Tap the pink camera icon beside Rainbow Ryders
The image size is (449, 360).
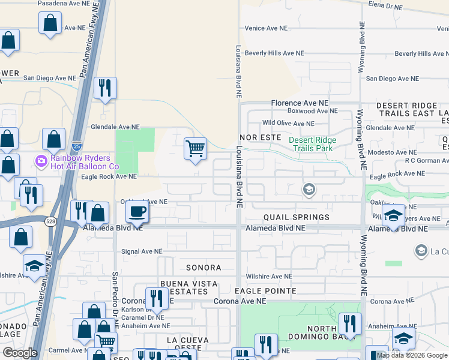(41, 161)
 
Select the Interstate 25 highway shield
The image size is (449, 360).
(74, 146)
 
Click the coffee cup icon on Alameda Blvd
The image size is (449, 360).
(137, 211)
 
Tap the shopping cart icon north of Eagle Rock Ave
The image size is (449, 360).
(195, 148)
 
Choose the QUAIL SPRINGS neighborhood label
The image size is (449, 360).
(296, 217)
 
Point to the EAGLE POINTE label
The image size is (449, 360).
(265, 291)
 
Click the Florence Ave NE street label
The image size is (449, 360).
(300, 103)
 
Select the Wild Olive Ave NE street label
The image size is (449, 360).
(288, 124)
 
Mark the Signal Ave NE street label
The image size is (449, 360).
(142, 252)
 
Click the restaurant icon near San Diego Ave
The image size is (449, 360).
(105, 88)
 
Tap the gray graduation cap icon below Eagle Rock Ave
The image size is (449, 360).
(309, 190)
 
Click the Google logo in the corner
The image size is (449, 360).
(20, 353)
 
